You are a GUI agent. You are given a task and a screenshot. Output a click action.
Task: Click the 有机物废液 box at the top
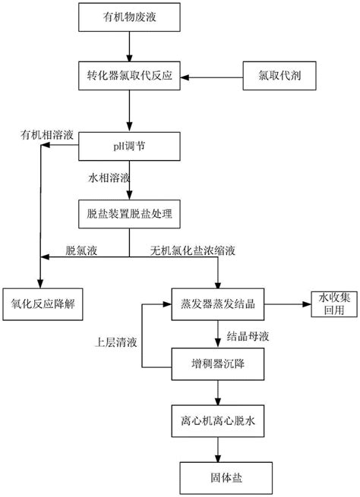click(x=129, y=17)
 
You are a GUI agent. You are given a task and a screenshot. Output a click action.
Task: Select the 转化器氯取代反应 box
click(x=129, y=76)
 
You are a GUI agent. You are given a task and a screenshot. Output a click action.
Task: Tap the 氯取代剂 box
click(x=279, y=76)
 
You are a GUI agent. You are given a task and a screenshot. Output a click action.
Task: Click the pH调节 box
click(x=129, y=146)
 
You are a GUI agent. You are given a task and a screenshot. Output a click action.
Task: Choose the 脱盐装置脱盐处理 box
click(x=129, y=214)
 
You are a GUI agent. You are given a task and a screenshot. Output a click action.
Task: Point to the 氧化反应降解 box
click(x=43, y=304)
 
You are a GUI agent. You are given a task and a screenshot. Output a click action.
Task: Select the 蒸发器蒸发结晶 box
click(x=218, y=304)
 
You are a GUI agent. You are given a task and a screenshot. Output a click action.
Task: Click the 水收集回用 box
click(x=334, y=304)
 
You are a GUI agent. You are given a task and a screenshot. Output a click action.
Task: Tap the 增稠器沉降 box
click(x=218, y=364)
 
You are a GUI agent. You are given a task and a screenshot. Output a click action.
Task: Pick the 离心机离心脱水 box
click(x=218, y=421)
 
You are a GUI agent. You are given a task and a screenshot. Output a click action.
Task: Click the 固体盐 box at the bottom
click(x=226, y=478)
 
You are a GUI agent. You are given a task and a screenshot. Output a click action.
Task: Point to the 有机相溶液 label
click(x=47, y=135)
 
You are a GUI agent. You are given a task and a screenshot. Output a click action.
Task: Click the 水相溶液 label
click(x=109, y=178)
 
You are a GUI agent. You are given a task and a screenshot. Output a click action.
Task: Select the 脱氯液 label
click(x=81, y=250)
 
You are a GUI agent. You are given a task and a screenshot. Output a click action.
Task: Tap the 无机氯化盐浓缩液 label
click(x=193, y=250)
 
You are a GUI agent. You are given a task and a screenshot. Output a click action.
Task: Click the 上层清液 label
click(x=115, y=342)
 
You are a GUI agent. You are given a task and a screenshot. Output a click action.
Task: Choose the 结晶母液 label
click(x=248, y=336)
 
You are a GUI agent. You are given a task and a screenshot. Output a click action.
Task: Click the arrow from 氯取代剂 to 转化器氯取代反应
click(x=212, y=77)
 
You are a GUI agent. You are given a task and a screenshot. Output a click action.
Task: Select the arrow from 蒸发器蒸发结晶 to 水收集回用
click(x=288, y=304)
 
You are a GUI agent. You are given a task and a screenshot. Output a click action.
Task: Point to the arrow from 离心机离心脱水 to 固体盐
click(x=218, y=449)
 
